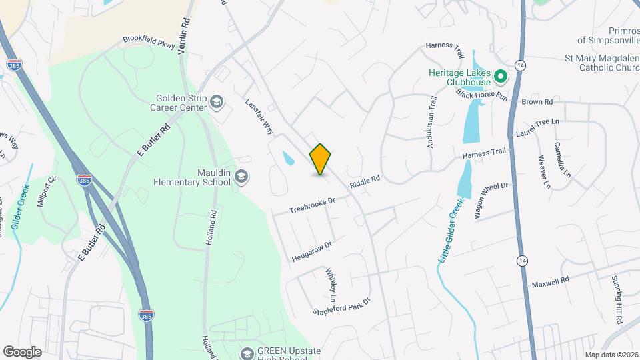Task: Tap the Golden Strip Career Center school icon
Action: tap(216, 101)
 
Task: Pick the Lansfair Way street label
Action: tap(260, 116)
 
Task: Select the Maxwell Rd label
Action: tap(551, 283)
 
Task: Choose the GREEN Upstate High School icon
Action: tap(247, 352)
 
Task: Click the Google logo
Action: tap(22, 351)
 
